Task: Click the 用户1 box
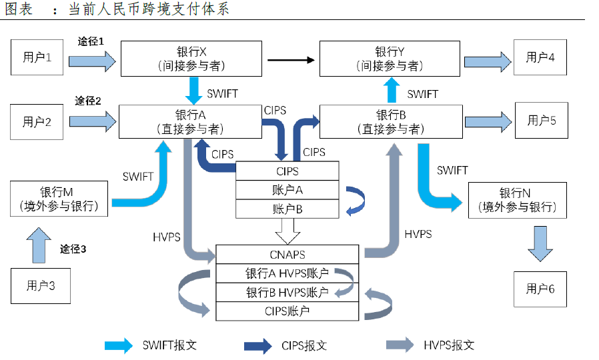point(37,57)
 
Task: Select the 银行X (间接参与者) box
point(191,59)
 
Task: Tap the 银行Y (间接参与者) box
point(390,59)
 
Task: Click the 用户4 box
point(540,57)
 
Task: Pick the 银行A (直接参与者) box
point(191,121)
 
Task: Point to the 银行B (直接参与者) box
point(390,121)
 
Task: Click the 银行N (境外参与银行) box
point(517,199)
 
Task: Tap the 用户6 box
point(540,289)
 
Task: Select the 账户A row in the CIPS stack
point(288,190)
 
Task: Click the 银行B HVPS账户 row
point(287,293)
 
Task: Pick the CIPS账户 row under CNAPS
point(287,311)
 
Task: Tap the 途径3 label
point(73,249)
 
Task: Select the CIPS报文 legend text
point(304,345)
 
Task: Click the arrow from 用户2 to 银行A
point(91,121)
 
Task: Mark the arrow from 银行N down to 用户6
point(540,244)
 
